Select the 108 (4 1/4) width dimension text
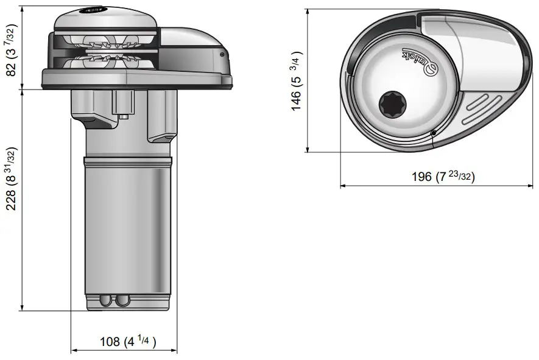tap(128, 342)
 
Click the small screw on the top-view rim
tap(432, 133)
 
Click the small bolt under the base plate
tap(124, 115)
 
